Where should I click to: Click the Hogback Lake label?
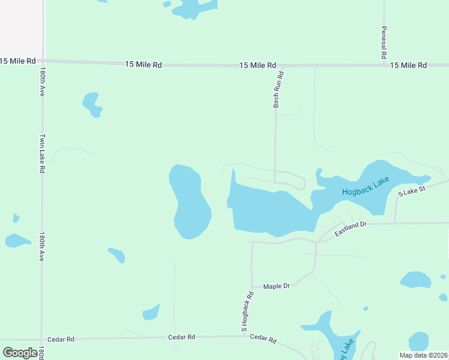[x=366, y=186]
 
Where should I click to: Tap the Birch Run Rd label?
[x=278, y=89]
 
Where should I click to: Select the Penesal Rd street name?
[x=383, y=42]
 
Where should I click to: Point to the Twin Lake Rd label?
[x=43, y=153]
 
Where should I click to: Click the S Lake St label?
[x=412, y=190]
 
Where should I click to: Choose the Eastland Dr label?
[x=351, y=229]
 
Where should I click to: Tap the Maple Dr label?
[x=276, y=286]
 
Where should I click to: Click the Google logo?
[x=20, y=352]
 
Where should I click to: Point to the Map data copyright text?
[x=423, y=355]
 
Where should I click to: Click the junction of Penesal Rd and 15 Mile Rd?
[x=383, y=65]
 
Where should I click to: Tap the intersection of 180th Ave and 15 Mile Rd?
[x=43, y=61]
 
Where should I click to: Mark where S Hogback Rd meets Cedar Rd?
[x=252, y=336]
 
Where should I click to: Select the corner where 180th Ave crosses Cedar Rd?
[x=41, y=339]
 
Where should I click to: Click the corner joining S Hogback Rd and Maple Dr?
[x=252, y=287]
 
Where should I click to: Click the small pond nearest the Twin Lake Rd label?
[x=92, y=104]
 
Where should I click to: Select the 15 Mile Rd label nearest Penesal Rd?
[x=408, y=65]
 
